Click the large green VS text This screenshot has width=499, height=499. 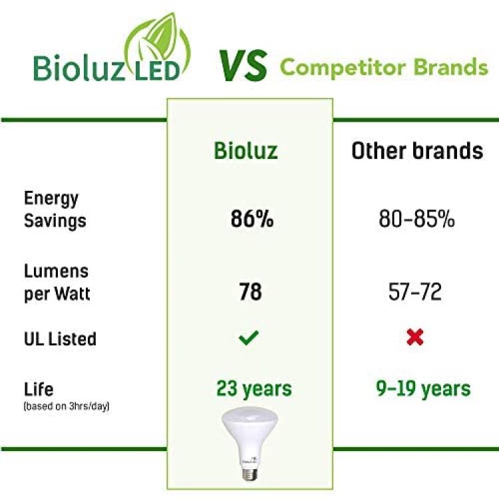click(243, 66)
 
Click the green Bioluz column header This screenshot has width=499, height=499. click(246, 150)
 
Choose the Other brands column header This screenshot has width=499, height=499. click(417, 150)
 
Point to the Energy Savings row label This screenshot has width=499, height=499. click(55, 210)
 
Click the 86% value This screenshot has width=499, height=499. click(251, 219)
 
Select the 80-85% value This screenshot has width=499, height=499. click(416, 219)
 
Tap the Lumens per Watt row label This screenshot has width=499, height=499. click(57, 282)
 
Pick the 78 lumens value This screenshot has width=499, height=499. click(250, 291)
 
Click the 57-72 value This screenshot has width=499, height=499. click(415, 291)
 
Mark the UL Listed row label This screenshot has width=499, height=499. click(60, 339)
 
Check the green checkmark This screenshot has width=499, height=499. click(249, 337)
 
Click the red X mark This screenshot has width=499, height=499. click(415, 337)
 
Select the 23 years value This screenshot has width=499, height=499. click(254, 389)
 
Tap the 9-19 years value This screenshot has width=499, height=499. click(423, 389)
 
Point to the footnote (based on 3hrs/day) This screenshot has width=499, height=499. click(66, 407)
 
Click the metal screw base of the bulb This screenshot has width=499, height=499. click(249, 474)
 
